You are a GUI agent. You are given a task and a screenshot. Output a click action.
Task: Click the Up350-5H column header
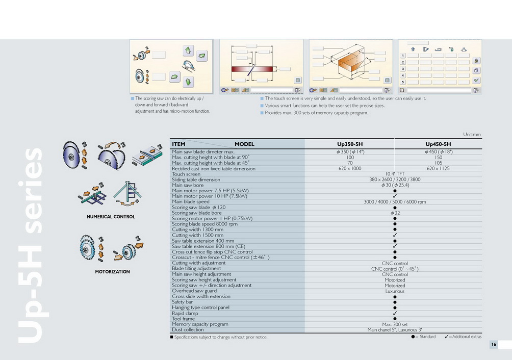(350, 144)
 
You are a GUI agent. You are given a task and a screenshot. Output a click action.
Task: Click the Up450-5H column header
(438, 144)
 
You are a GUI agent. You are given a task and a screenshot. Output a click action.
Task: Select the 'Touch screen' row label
(186, 174)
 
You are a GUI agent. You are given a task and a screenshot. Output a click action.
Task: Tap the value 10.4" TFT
(395, 174)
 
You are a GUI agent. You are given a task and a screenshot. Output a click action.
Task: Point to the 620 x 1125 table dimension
(438, 168)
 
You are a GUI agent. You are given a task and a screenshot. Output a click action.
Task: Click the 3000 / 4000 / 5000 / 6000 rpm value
(395, 202)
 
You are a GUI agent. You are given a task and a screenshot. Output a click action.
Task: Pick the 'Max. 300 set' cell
(395, 324)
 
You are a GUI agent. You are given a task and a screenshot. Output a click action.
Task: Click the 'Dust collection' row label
(188, 330)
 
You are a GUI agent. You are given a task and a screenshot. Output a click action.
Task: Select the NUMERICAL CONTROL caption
(111, 217)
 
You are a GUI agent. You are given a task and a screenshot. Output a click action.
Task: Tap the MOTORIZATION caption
(112, 272)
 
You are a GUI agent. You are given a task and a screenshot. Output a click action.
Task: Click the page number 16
(494, 345)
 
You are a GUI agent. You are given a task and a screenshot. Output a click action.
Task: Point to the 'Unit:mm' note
(472, 135)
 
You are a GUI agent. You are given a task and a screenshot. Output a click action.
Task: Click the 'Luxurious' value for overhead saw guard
(395, 291)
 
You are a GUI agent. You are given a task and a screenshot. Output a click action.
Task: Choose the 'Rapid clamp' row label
(185, 313)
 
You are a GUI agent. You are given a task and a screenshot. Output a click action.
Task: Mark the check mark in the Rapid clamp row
(395, 313)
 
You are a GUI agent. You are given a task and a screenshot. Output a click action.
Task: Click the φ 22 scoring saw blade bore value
(395, 213)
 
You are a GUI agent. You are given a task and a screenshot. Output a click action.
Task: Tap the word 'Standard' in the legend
(427, 337)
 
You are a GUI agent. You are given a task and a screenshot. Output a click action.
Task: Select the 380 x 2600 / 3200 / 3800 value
(395, 179)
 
